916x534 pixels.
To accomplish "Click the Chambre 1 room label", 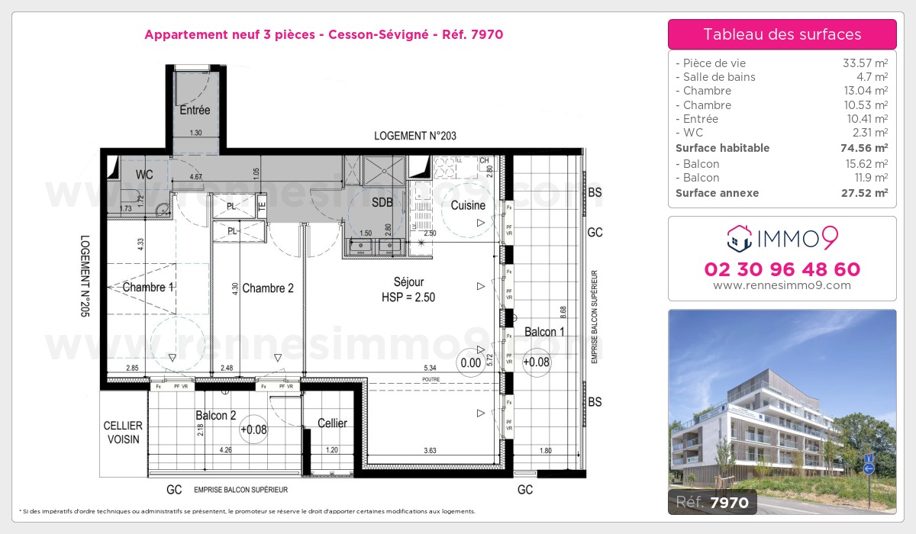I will point(149,288).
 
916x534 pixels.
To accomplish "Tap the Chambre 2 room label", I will point(267,288).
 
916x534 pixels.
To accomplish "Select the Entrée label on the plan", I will point(195,111).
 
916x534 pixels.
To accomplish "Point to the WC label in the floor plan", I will point(145,175).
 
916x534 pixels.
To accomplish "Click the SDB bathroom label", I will point(382,203).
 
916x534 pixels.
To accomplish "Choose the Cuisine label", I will point(468,205).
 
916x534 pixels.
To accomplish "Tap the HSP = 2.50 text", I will point(408,298).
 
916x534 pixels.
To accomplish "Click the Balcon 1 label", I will point(544,332).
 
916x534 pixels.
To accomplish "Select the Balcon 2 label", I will point(215,416).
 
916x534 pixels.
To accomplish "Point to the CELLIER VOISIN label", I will point(124,433).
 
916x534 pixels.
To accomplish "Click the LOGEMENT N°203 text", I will point(415,136).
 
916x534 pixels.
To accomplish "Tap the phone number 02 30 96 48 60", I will point(782,269).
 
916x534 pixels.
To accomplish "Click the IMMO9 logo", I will point(782,239).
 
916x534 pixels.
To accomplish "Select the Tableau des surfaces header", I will point(782,34).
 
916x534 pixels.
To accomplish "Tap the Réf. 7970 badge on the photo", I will point(713,501).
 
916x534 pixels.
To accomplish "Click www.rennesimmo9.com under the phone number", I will point(782,285).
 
